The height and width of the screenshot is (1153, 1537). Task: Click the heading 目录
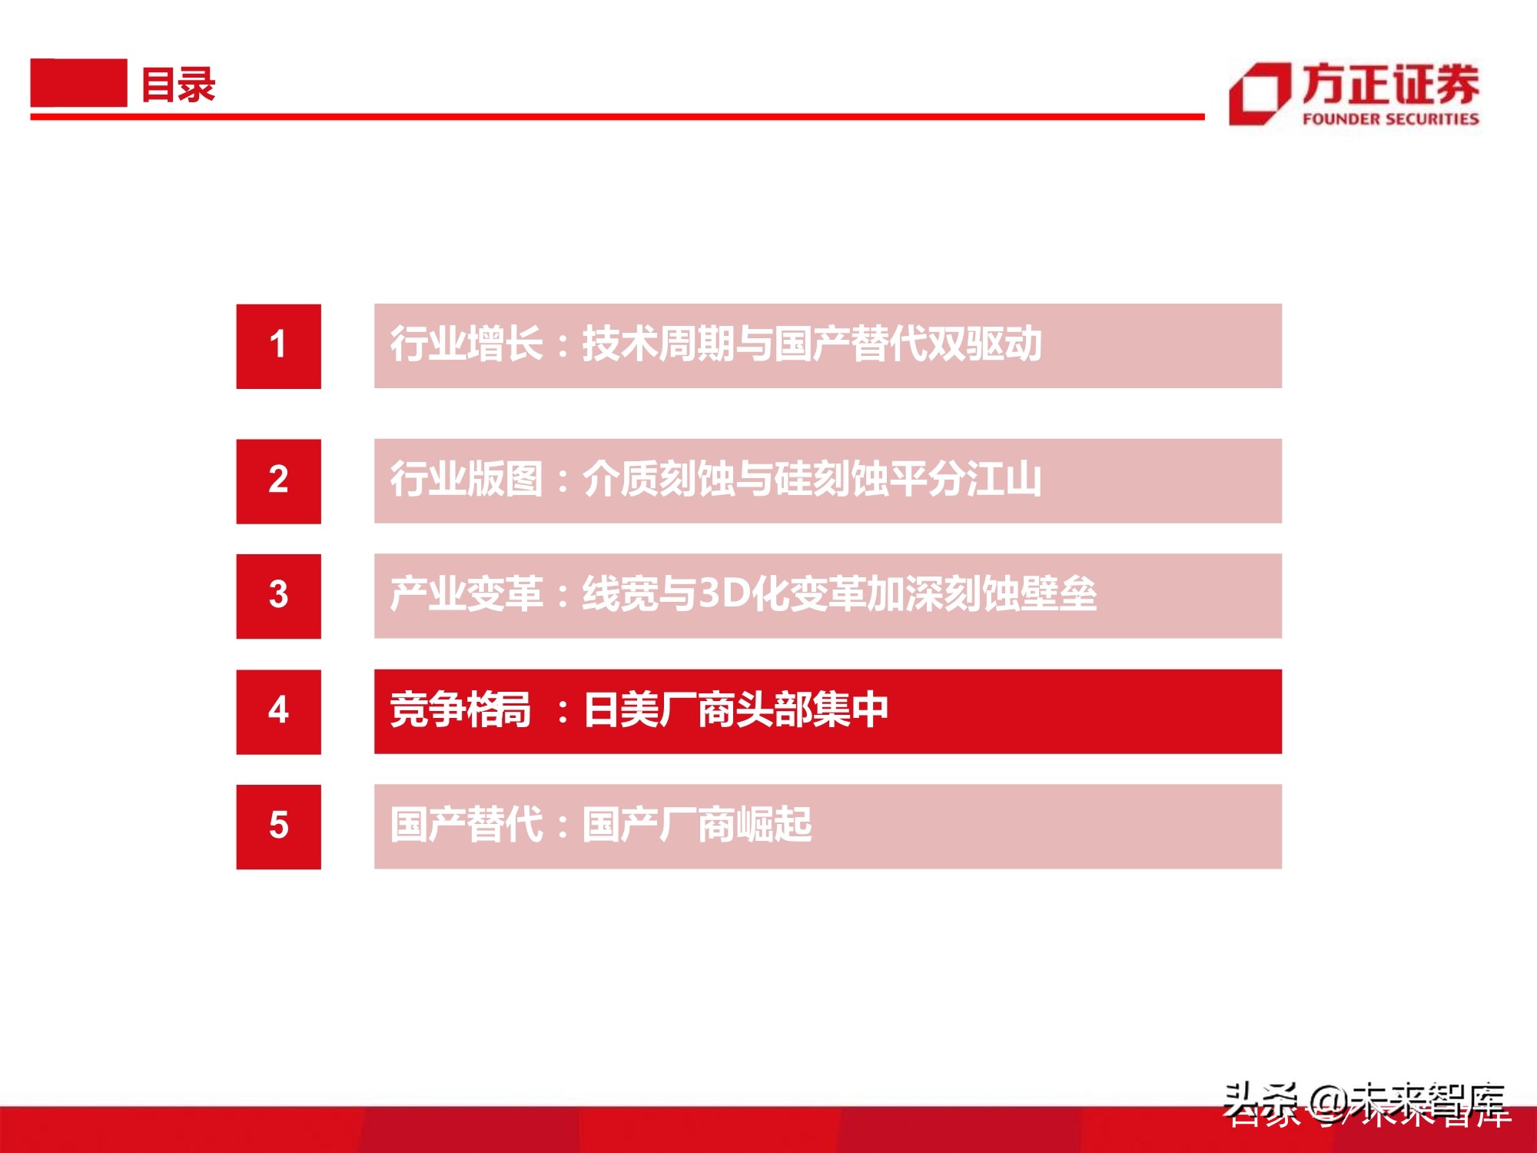178,85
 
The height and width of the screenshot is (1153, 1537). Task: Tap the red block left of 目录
78,83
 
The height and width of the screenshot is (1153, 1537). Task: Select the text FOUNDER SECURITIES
1390,119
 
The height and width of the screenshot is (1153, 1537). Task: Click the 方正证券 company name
1390,84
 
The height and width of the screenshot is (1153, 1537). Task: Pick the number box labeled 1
278,346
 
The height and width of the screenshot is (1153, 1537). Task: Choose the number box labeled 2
278,481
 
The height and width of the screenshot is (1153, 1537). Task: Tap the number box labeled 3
278,596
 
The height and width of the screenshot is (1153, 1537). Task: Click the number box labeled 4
278,711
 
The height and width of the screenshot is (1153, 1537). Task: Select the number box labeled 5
278,826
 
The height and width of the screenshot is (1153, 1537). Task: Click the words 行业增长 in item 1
466,344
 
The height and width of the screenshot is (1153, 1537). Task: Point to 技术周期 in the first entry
658,344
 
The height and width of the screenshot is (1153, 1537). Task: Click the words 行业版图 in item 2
466,479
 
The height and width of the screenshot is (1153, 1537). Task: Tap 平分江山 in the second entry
965,479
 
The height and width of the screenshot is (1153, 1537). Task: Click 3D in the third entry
723,593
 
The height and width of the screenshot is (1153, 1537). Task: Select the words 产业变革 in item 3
466,594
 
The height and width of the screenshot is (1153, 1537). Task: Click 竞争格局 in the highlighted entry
460,709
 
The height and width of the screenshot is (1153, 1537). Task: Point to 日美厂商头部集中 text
735,709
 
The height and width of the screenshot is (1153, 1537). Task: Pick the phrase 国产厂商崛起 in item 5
696,825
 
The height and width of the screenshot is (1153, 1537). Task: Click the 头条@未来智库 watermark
1364,1104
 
